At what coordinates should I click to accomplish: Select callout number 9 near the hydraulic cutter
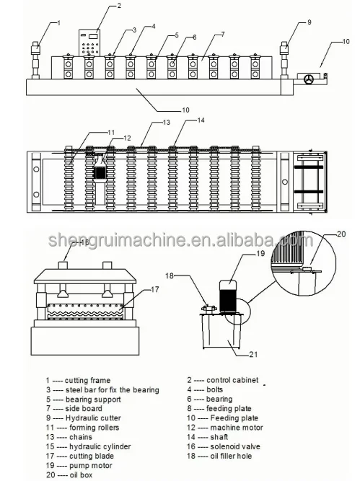coord(309,22)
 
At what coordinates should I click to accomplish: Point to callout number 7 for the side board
coord(222,34)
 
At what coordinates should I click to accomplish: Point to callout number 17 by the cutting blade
coord(152,290)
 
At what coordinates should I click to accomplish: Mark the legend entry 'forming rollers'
coord(90,427)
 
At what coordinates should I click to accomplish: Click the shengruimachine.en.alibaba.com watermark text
coord(180,240)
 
